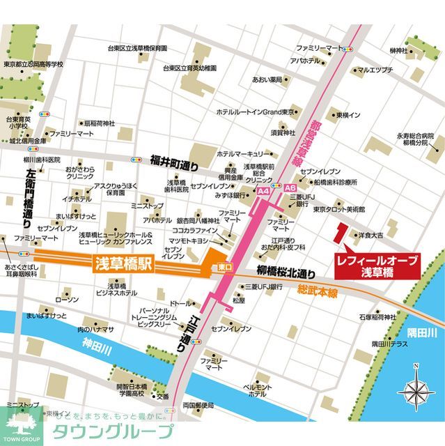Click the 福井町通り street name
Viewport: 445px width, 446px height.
174,162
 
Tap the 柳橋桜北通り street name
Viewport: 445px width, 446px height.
286,272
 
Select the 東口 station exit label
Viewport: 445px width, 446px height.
219,266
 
